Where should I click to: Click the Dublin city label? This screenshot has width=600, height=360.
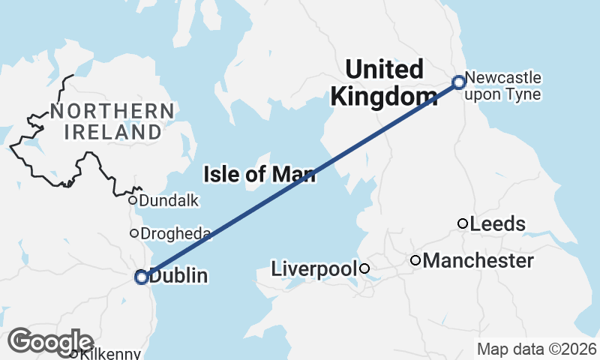pyautogui.click(x=178, y=277)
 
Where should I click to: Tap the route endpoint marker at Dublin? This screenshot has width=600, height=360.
pyautogui.click(x=141, y=277)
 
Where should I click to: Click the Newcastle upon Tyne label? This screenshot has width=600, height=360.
pyautogui.click(x=502, y=86)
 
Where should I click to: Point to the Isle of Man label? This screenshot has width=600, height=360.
pyautogui.click(x=259, y=175)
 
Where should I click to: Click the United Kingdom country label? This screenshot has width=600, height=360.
pyautogui.click(x=384, y=82)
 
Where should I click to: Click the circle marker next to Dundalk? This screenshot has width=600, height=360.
pyautogui.click(x=132, y=200)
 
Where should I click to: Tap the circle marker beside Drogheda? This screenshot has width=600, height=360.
pyautogui.click(x=134, y=233)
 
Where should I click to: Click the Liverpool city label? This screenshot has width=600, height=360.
pyautogui.click(x=313, y=268)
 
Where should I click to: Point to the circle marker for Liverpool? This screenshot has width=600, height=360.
pyautogui.click(x=364, y=268)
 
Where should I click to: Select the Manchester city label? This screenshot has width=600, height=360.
pyautogui.click(x=478, y=260)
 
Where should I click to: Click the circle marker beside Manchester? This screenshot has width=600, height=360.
pyautogui.click(x=415, y=260)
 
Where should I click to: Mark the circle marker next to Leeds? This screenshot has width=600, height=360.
pyautogui.click(x=463, y=223)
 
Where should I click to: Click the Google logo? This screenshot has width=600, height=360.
pyautogui.click(x=51, y=341)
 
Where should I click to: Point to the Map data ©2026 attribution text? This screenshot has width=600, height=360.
pyautogui.click(x=536, y=349)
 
